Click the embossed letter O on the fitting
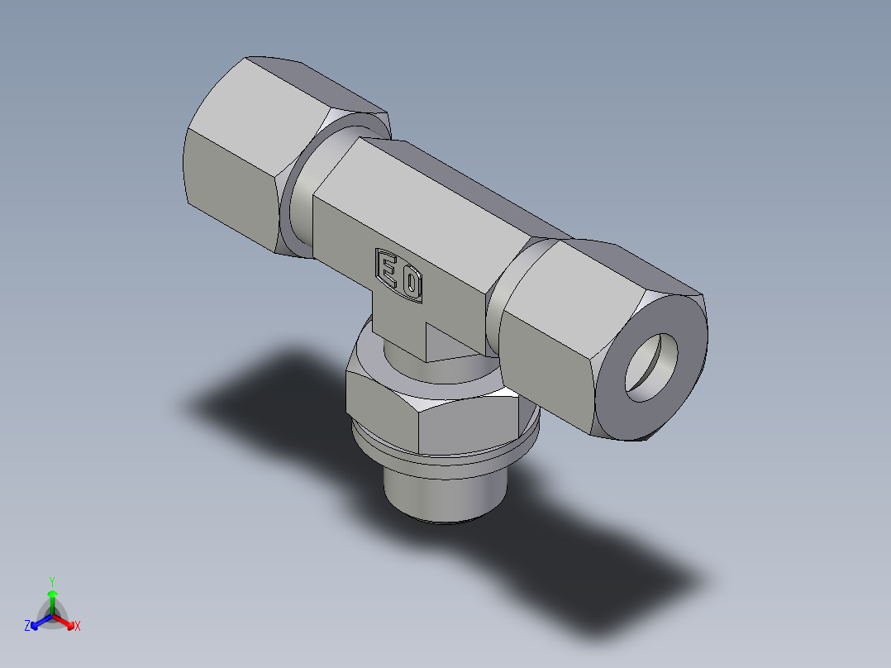point(411,285)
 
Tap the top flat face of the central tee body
point(446,190)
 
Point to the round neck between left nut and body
point(298,198)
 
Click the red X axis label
point(77,627)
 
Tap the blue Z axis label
point(27,627)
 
